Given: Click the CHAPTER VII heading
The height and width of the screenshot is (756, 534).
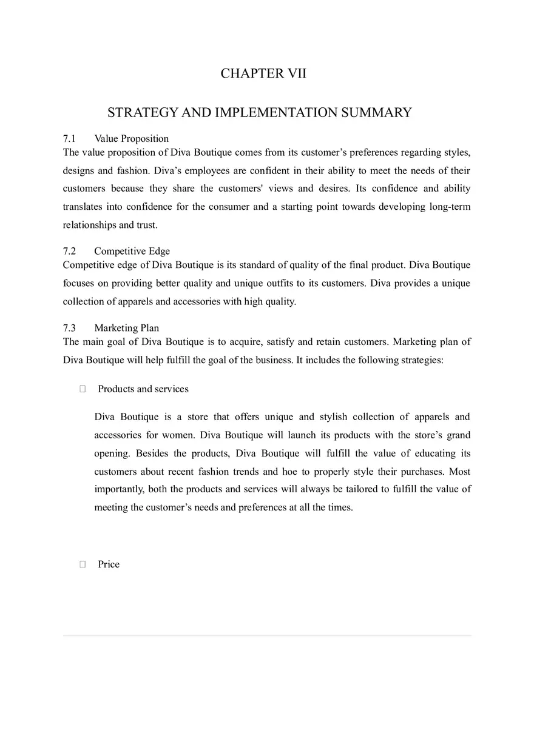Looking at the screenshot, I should [263, 74].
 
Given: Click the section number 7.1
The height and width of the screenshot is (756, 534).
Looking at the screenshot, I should [69, 139].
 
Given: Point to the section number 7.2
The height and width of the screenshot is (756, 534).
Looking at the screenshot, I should [69, 252].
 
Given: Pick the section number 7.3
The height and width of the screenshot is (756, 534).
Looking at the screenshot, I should [69, 329].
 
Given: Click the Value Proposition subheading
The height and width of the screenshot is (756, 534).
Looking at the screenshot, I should [131, 139].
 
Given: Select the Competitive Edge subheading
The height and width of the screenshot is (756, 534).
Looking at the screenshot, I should [132, 252].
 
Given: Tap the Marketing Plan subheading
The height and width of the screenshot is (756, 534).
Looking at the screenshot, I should [126, 329].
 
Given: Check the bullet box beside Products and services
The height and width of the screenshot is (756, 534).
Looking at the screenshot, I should [83, 389].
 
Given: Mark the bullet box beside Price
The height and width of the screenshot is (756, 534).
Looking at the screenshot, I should [83, 564].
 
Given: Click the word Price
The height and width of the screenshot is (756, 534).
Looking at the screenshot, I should [109, 564].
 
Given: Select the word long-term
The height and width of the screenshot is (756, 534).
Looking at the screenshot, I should [450, 207].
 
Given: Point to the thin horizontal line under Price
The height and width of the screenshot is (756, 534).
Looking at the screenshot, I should [267, 635].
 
